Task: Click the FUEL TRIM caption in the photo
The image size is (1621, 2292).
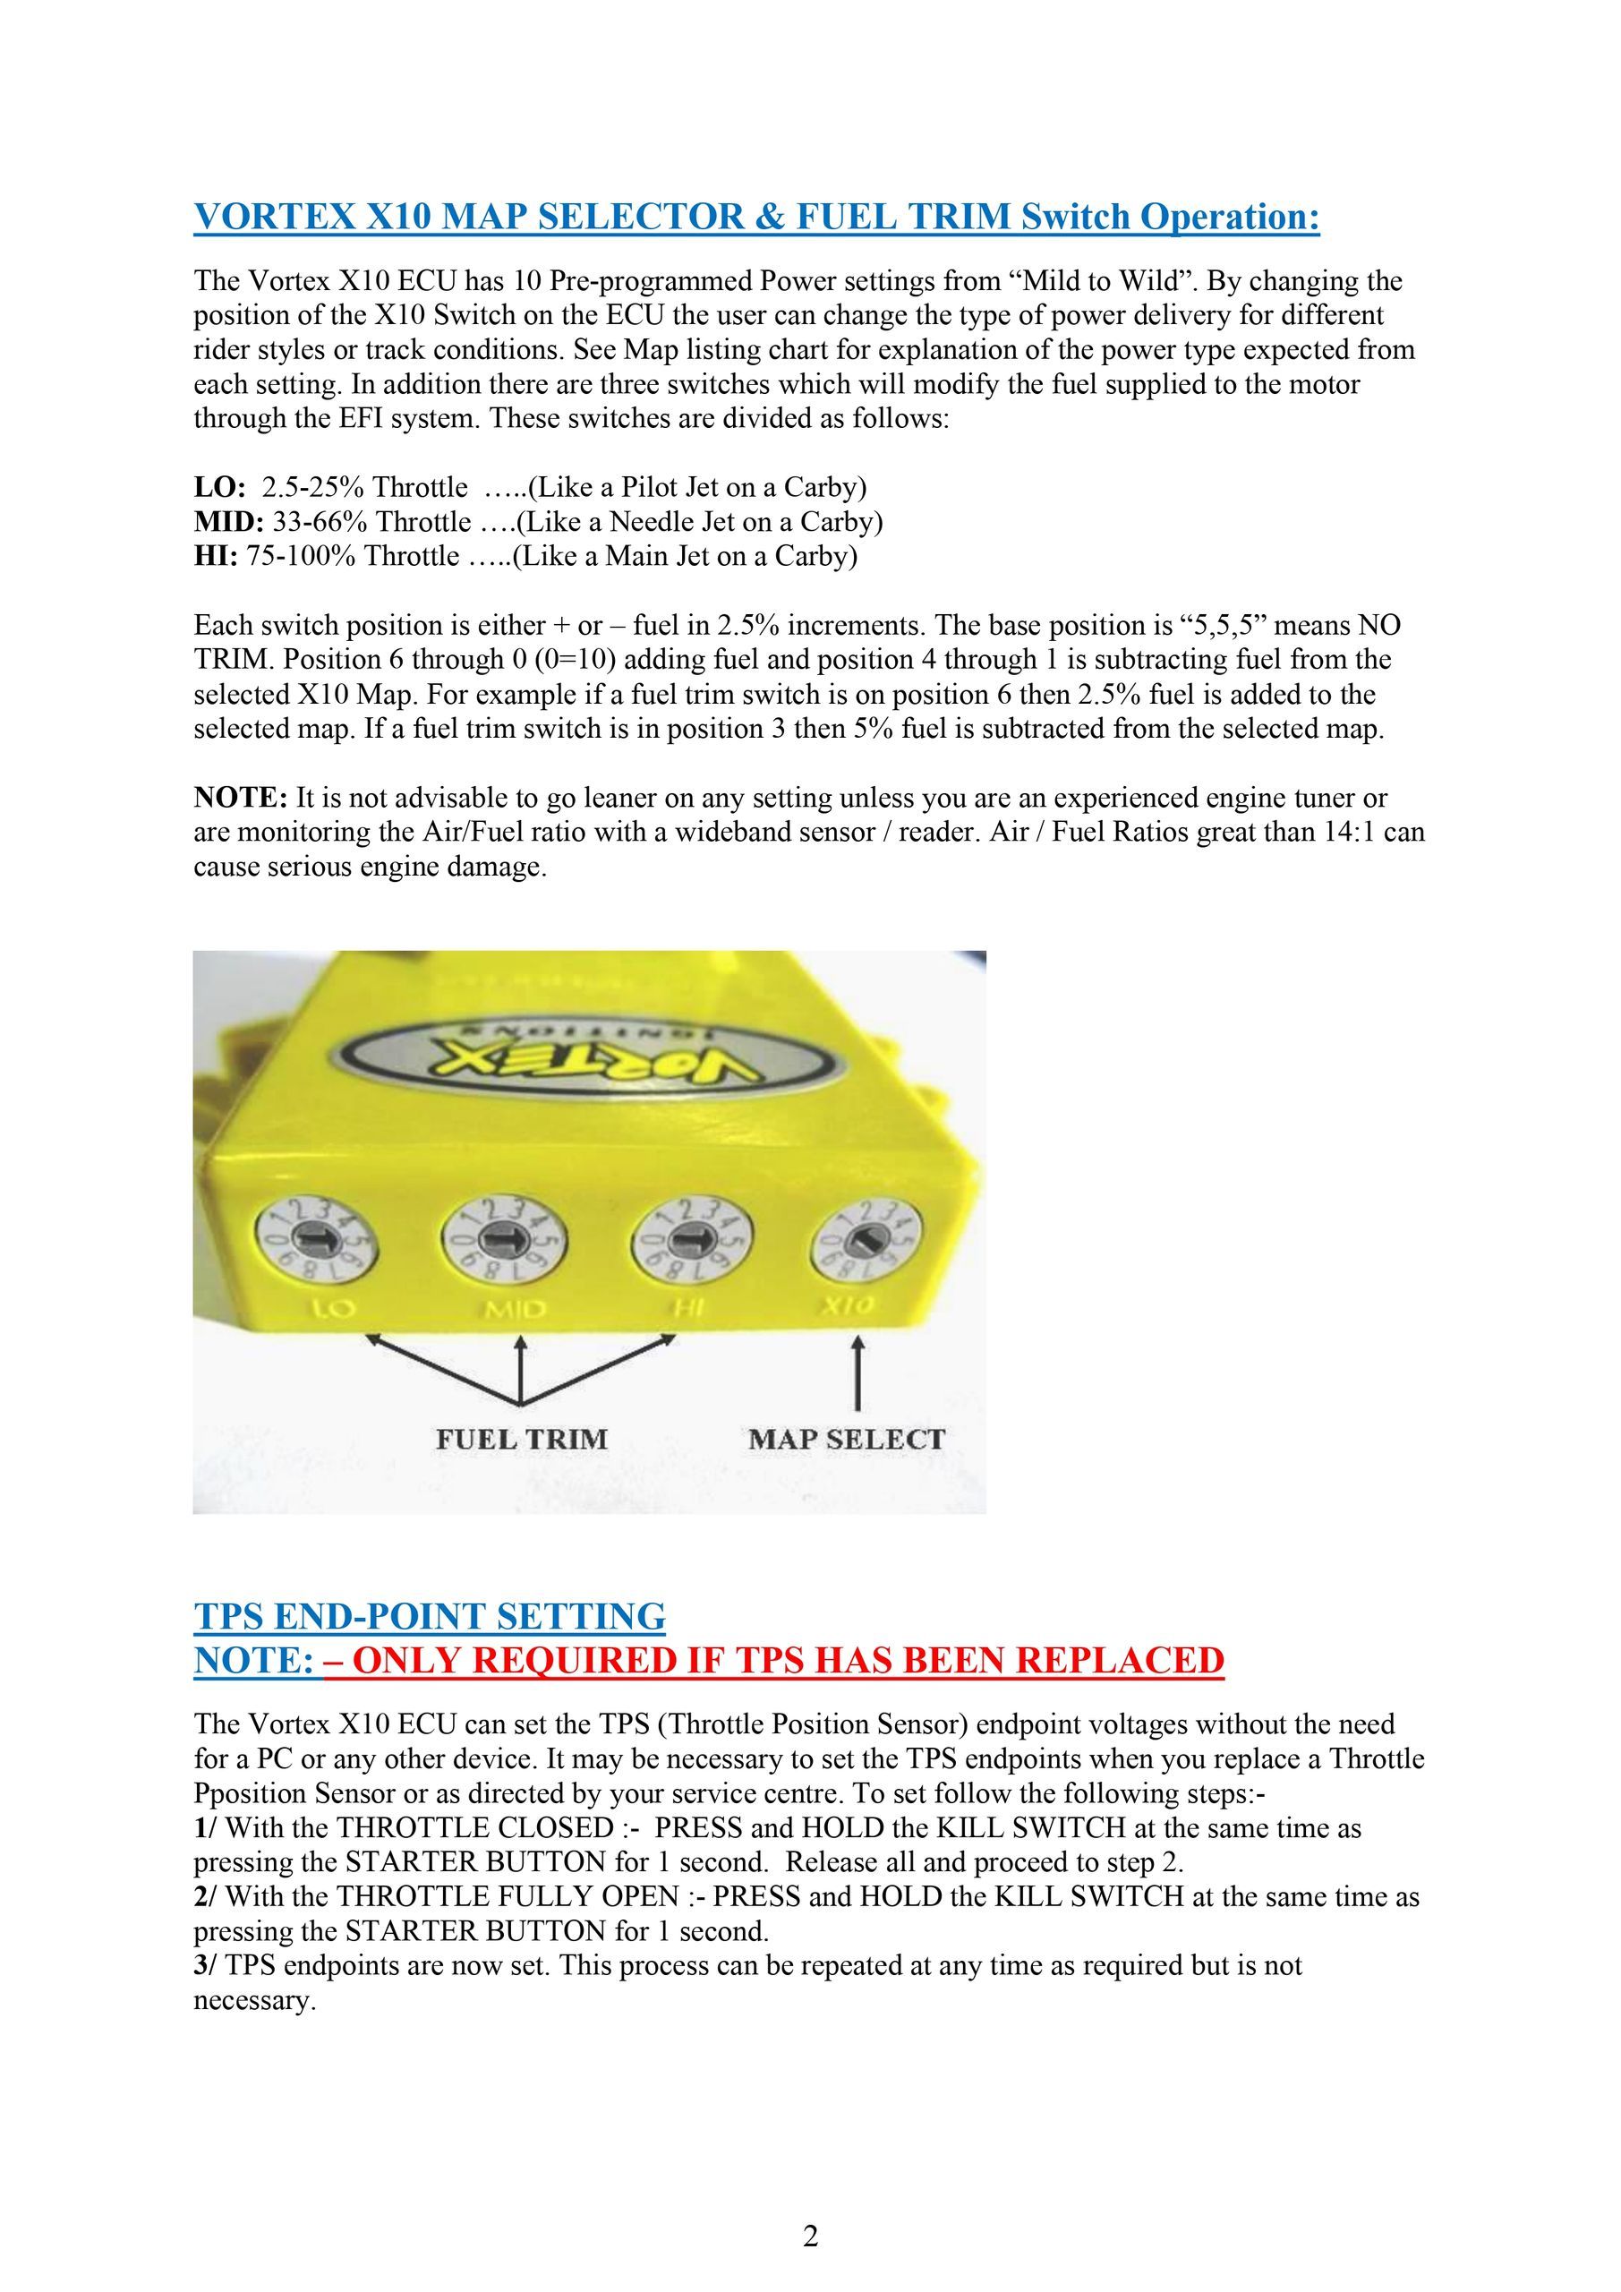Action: [x=521, y=1439]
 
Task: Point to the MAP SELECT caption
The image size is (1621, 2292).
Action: [x=847, y=1439]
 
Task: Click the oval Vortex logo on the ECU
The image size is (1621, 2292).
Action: [x=589, y=1058]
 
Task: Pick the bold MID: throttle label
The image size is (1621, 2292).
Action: [x=228, y=521]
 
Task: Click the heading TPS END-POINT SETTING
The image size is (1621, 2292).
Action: [x=430, y=1616]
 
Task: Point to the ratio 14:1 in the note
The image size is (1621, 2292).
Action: [x=1351, y=832]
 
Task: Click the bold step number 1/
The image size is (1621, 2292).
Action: [x=207, y=1828]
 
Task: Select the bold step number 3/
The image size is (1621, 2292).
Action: [x=207, y=1965]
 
